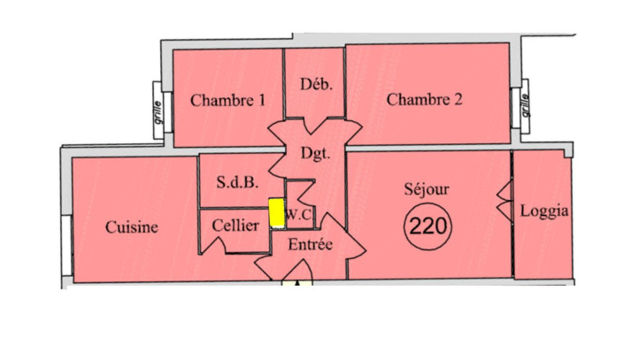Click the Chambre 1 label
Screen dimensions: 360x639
(x=227, y=100)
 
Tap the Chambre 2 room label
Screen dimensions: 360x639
(x=424, y=99)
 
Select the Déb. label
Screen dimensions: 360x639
(x=316, y=84)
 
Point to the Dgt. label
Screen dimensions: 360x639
(x=315, y=154)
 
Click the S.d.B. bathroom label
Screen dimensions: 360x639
(x=237, y=182)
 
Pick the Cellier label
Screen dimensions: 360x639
(x=235, y=225)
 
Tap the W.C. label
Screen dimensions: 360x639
(x=299, y=215)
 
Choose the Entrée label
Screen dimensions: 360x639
(x=310, y=245)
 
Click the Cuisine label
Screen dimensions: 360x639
(x=131, y=227)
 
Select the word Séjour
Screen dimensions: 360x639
(x=426, y=189)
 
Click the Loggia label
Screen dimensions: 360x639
(x=544, y=211)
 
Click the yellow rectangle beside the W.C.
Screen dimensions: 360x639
(x=276, y=212)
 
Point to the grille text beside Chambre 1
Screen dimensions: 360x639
(x=157, y=111)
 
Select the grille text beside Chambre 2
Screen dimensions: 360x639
(x=525, y=105)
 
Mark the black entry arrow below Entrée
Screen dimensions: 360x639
(x=297, y=283)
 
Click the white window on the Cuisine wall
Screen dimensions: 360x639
(x=67, y=245)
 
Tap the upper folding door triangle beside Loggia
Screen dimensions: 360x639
(x=505, y=191)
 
